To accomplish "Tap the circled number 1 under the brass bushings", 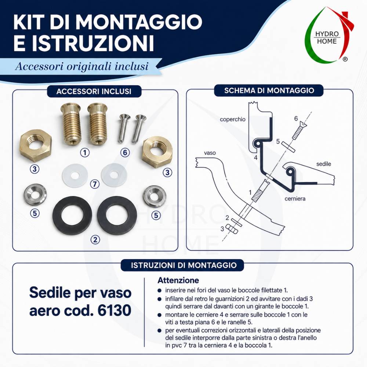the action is pyautogui.click(x=85, y=153).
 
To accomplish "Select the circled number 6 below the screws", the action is pyautogui.click(x=125, y=153).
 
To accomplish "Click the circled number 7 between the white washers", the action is pyautogui.click(x=95, y=184).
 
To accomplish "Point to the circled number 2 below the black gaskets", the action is pyautogui.click(x=95, y=239).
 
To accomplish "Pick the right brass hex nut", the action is pyautogui.click(x=157, y=152).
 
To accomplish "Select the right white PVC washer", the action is pyautogui.click(x=114, y=175).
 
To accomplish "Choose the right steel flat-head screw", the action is pyautogui.click(x=137, y=128).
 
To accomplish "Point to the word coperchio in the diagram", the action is pyautogui.click(x=232, y=119).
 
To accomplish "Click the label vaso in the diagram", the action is pyautogui.click(x=210, y=153).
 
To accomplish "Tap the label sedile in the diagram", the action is pyautogui.click(x=324, y=164).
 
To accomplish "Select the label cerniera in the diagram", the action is pyautogui.click(x=295, y=199).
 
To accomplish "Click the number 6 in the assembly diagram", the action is pyautogui.click(x=296, y=119).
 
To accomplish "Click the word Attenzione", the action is pyautogui.click(x=178, y=280).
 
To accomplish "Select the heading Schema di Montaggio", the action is pyautogui.click(x=269, y=91).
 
